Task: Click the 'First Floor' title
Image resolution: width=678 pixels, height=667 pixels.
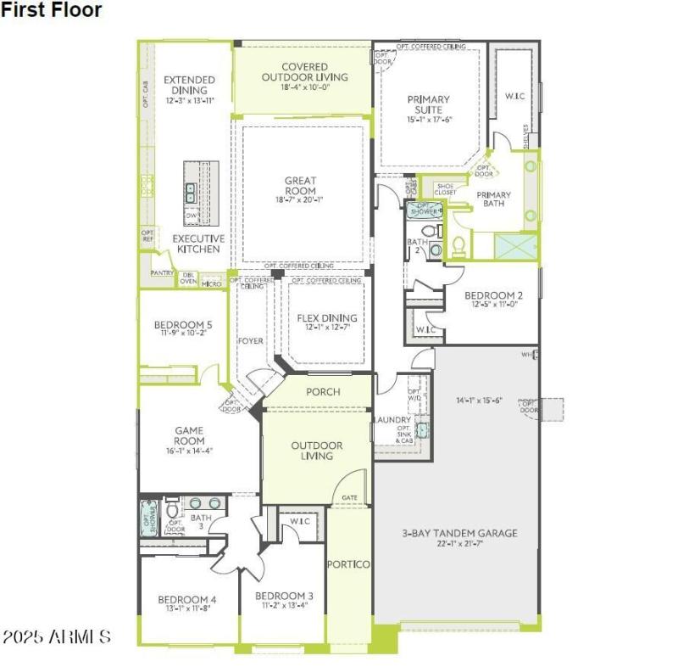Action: point(52,10)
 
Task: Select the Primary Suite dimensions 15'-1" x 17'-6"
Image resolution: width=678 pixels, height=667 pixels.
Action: point(430,120)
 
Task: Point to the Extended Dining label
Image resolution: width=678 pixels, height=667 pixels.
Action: point(190,85)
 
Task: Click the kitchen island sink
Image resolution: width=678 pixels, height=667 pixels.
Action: point(191,193)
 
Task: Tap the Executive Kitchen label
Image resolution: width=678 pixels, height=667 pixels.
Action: point(199,244)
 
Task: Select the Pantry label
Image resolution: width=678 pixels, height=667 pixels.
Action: point(162,273)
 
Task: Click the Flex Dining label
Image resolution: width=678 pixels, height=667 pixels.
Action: point(326,318)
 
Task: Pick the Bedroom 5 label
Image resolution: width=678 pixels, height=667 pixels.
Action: point(183,324)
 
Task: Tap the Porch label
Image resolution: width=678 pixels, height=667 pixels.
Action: point(322,392)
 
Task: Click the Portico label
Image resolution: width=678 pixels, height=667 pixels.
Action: point(348,564)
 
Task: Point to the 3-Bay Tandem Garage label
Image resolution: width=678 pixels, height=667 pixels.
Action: point(458,533)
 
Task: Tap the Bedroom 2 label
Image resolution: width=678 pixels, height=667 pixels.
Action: point(493,296)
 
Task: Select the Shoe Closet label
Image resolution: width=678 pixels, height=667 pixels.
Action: point(446,189)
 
